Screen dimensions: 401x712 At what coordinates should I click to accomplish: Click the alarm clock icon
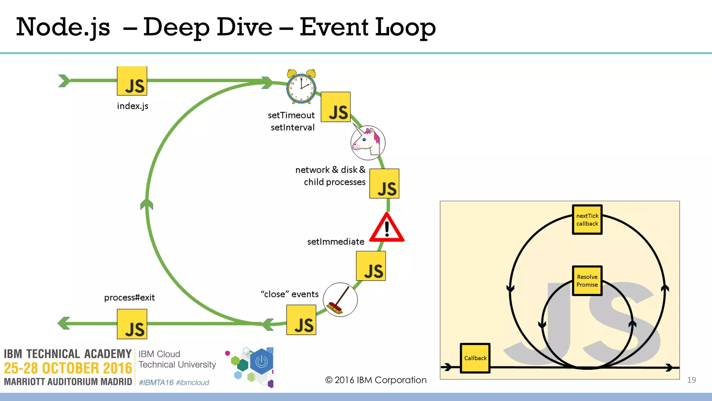pos(301,87)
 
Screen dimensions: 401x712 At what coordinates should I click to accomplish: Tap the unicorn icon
pos(368,143)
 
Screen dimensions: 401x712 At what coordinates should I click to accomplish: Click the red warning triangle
pos(387,229)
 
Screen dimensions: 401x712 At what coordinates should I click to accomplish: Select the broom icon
pos(340,300)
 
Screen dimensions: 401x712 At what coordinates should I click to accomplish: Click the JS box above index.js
pos(132,81)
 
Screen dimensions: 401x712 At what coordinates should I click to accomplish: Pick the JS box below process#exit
pos(132,324)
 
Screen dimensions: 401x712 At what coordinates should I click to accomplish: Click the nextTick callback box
pos(587,220)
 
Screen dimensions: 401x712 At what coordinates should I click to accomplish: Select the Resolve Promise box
pos(587,281)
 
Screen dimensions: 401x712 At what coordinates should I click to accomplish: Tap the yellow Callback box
pos(475,358)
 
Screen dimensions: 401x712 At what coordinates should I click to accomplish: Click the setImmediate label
pos(335,242)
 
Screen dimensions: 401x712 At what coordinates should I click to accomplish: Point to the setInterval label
pos(292,127)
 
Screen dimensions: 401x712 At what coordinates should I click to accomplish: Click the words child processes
pos(334,182)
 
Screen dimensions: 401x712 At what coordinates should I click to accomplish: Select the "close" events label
pos(290,294)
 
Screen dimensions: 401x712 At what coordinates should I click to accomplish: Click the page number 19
pos(691,380)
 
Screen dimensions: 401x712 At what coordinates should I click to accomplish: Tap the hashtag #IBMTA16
pos(156,383)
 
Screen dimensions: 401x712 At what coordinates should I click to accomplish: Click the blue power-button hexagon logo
pos(261,362)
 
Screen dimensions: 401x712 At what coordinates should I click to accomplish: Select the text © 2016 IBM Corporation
pos(376,380)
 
